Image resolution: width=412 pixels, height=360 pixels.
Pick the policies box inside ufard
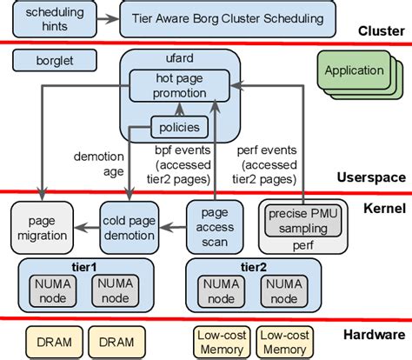point(179,128)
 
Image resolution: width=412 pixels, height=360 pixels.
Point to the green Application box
point(353,71)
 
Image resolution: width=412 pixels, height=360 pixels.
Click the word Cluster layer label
point(382,32)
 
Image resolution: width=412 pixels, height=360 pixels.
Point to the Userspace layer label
point(371,177)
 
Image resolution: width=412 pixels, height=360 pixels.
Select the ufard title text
point(179,59)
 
